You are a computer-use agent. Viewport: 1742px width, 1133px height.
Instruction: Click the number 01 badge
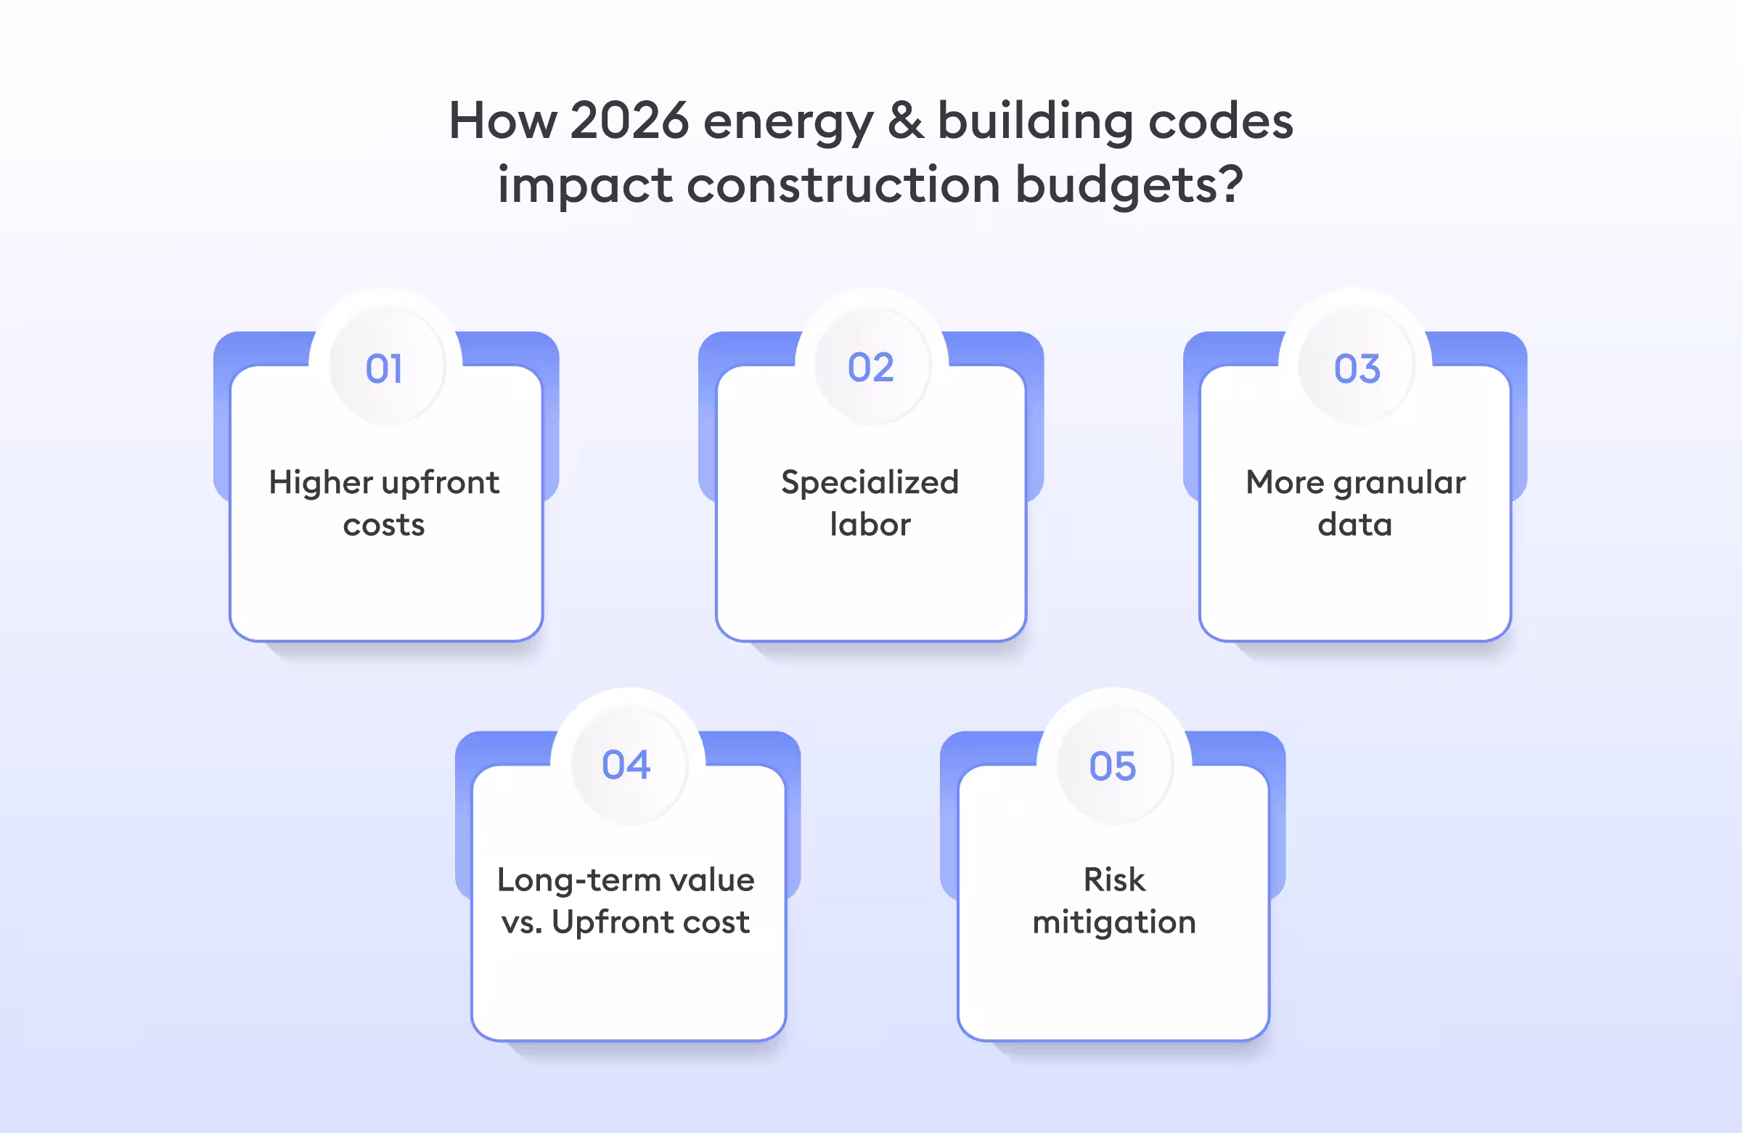(x=385, y=367)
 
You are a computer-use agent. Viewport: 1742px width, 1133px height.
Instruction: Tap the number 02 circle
(x=871, y=367)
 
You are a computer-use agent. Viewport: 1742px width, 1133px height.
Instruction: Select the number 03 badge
(x=1357, y=367)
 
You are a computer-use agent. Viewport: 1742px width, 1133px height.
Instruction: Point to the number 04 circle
(x=626, y=765)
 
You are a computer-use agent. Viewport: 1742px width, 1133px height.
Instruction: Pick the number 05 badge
(x=1113, y=766)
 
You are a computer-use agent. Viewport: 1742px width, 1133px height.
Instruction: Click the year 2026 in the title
(x=629, y=121)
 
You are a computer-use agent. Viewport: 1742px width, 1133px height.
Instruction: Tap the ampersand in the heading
(x=905, y=121)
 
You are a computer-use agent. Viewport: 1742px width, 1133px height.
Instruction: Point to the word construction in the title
(x=843, y=184)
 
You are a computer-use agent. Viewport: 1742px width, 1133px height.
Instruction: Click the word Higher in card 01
(x=321, y=484)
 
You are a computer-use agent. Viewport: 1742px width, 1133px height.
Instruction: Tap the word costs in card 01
(x=384, y=525)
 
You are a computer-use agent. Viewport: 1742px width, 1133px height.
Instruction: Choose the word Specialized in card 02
(x=870, y=484)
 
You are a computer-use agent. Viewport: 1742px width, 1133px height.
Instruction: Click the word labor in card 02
(x=870, y=525)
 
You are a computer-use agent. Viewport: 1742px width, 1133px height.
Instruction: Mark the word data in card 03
(x=1355, y=525)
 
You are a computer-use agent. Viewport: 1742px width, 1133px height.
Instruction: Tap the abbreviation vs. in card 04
(x=521, y=922)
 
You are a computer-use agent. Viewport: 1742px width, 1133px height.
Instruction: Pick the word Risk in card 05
(x=1114, y=880)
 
